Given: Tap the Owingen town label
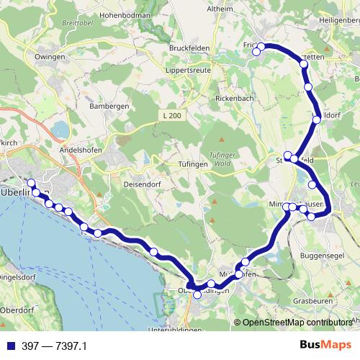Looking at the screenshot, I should point(50,56).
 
